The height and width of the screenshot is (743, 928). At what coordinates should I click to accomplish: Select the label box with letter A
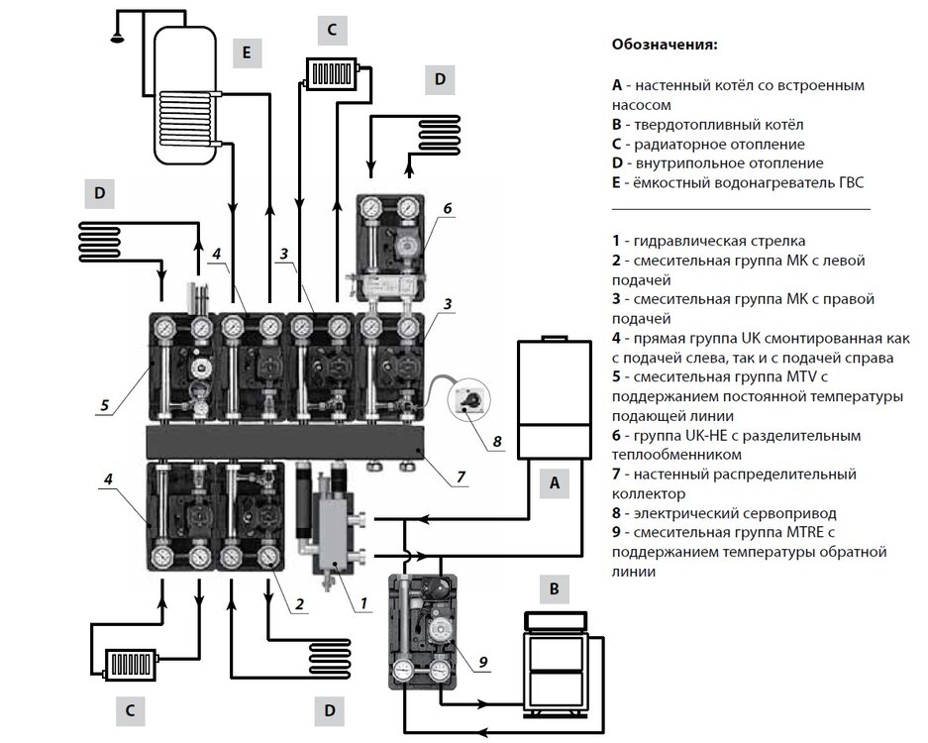click(555, 483)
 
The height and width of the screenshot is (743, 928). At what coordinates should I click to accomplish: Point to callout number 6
click(447, 209)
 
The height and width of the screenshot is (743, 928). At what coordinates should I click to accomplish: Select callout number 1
click(364, 600)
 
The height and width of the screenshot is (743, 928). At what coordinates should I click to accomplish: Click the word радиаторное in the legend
click(673, 144)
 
